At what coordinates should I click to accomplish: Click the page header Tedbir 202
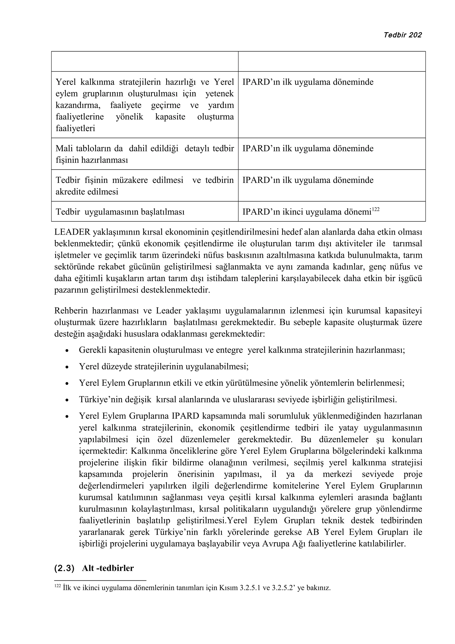tap(403, 35)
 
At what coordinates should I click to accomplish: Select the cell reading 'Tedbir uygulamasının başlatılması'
tap(120, 212)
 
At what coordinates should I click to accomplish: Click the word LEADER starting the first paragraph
tap(72, 232)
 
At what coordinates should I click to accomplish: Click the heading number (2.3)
tap(64, 568)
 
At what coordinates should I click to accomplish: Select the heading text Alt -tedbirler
tap(108, 568)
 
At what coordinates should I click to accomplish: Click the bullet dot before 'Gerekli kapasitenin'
tap(67, 351)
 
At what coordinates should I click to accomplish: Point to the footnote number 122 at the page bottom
tap(57, 586)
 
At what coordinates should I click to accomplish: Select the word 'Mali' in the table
tap(64, 148)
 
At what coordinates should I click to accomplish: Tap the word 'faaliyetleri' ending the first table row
tap(75, 128)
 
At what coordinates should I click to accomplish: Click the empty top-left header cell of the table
tap(145, 61)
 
